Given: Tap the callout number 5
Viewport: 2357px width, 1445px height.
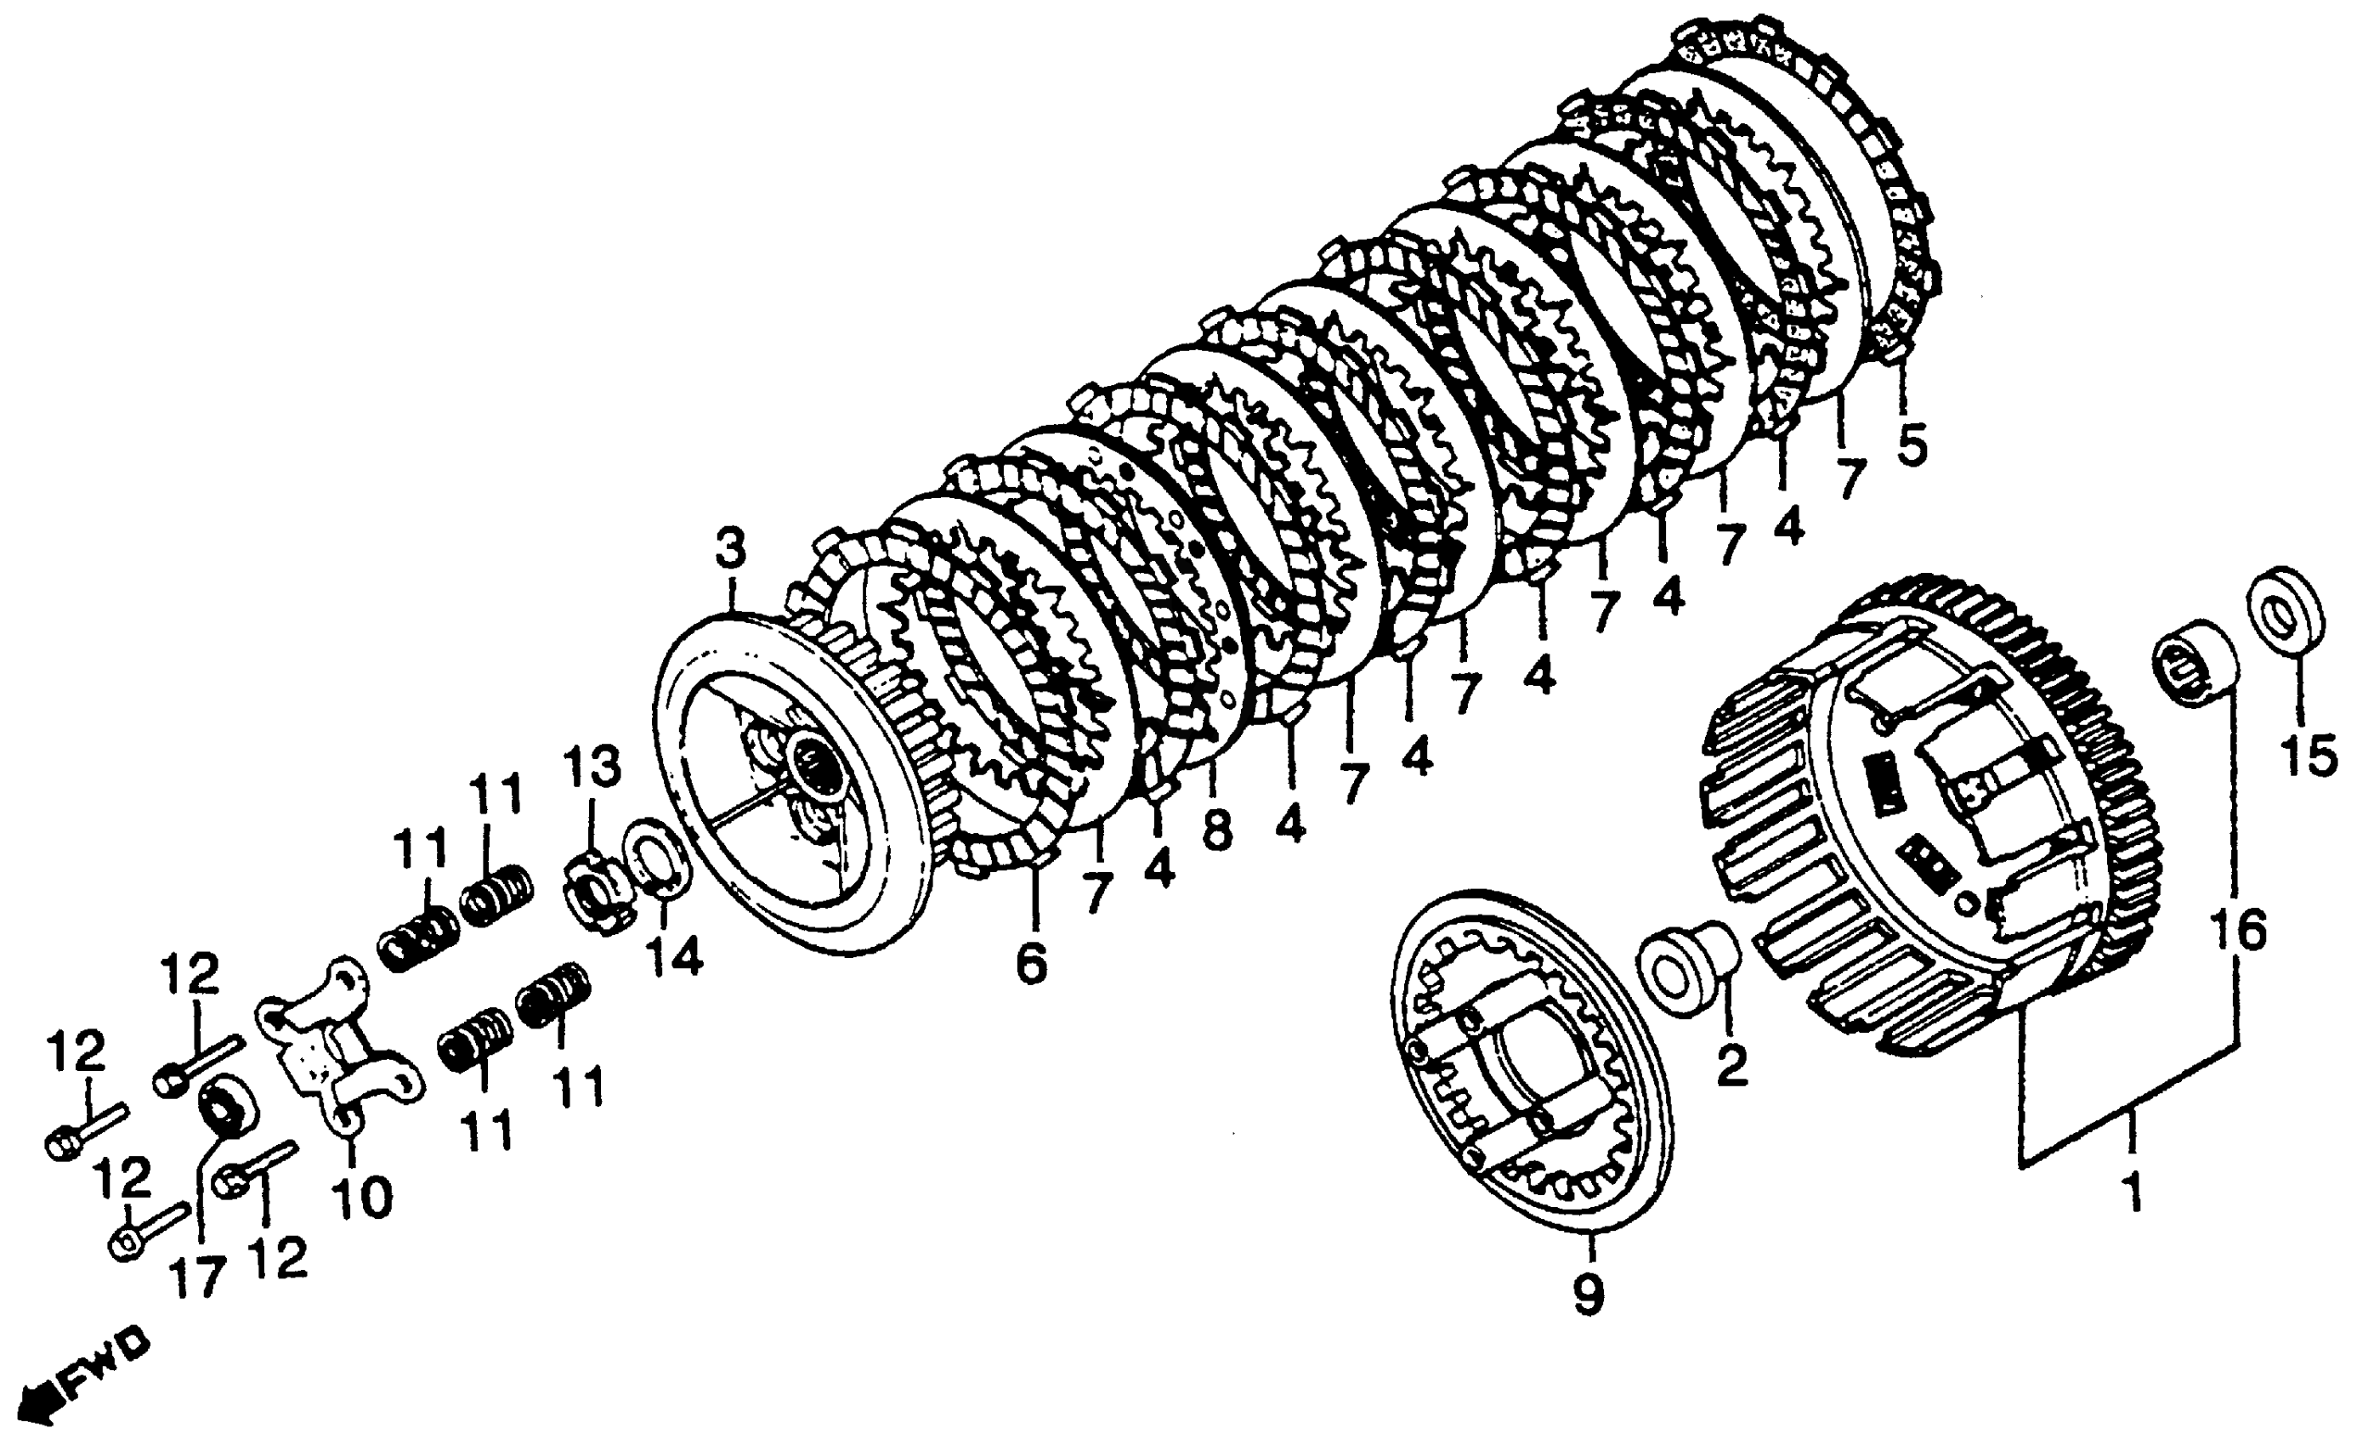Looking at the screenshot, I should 1912,444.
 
